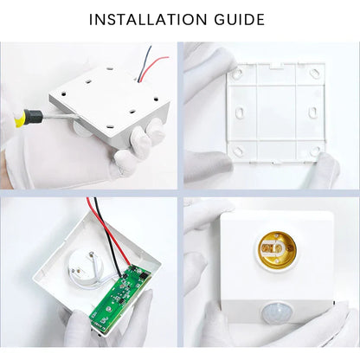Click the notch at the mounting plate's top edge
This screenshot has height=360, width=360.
[x=272, y=67]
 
